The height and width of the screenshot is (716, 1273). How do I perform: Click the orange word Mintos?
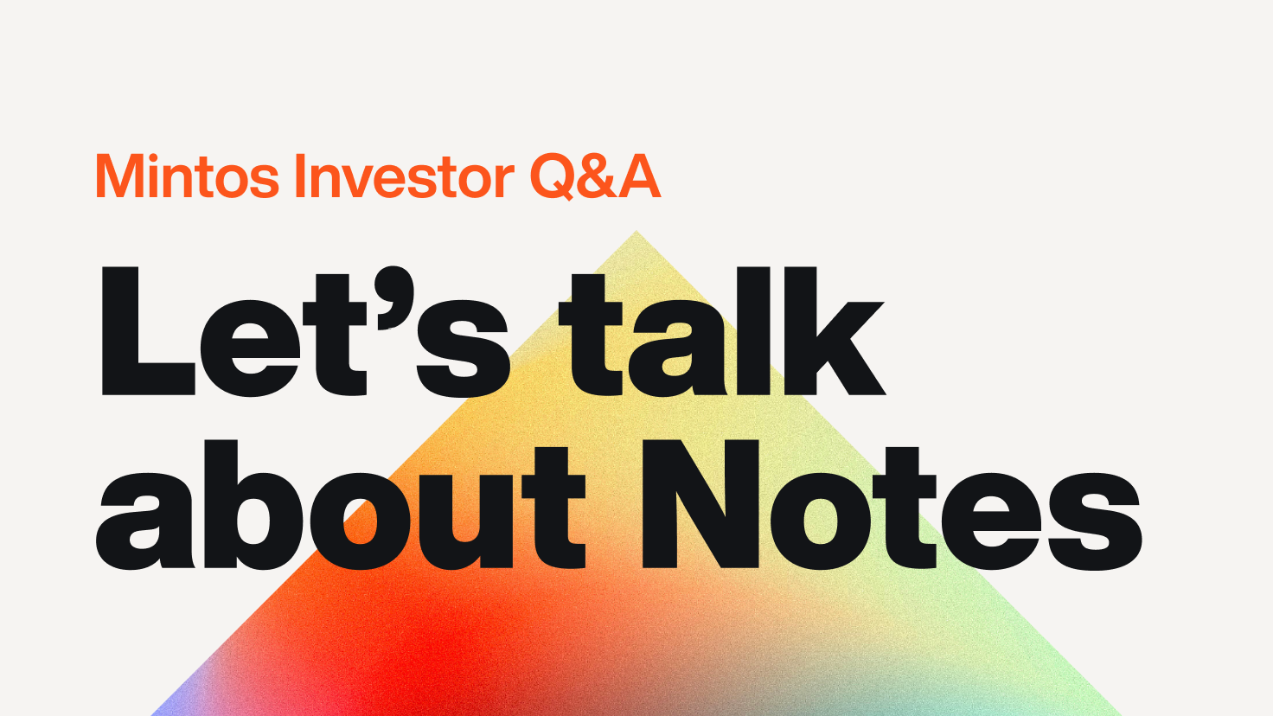[x=188, y=176]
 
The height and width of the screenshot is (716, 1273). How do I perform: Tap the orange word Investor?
[x=404, y=176]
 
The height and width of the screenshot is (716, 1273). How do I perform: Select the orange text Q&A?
[x=595, y=176]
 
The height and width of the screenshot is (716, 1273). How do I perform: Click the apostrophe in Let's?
[x=392, y=297]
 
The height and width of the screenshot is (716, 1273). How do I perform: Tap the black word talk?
[x=722, y=331]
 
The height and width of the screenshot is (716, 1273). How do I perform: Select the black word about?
[x=340, y=505]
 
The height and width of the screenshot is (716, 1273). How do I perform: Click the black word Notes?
[x=892, y=505]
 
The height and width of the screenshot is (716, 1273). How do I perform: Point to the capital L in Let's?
[x=148, y=330]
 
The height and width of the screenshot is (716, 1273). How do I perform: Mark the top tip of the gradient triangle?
[x=636, y=231]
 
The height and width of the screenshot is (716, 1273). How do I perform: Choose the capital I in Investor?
[x=299, y=176]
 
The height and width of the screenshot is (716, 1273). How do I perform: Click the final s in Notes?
[x=1095, y=521]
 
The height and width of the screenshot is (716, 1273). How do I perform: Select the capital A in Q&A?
[x=640, y=176]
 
